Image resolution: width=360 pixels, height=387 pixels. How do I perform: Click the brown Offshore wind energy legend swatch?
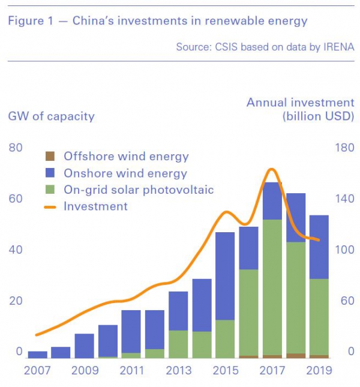(50, 157)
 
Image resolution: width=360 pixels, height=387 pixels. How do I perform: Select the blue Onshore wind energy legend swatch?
(50, 173)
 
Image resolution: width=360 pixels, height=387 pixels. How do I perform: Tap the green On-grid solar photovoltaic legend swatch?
(50, 190)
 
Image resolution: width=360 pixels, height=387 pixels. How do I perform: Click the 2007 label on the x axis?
(37, 370)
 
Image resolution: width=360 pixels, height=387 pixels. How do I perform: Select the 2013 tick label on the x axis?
(178, 370)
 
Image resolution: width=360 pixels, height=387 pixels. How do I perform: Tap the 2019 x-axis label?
(319, 370)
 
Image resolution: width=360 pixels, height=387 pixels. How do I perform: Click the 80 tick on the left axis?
(16, 148)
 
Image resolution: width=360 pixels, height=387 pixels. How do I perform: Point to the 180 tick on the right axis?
(344, 148)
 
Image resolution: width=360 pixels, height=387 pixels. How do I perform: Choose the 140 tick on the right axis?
(344, 199)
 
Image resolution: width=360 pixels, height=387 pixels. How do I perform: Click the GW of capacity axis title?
(51, 116)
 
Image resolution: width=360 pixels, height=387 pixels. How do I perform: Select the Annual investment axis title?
(300, 103)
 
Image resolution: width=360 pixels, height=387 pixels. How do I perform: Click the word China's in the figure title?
(97, 21)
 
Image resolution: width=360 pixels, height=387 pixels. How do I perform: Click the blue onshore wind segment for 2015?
(225, 276)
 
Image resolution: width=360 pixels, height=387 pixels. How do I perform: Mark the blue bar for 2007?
(37, 354)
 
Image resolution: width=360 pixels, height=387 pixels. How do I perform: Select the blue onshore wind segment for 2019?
(319, 247)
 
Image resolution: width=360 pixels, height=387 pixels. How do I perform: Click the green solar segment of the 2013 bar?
(178, 343)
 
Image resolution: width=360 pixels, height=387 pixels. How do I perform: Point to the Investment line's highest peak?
(271, 169)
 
